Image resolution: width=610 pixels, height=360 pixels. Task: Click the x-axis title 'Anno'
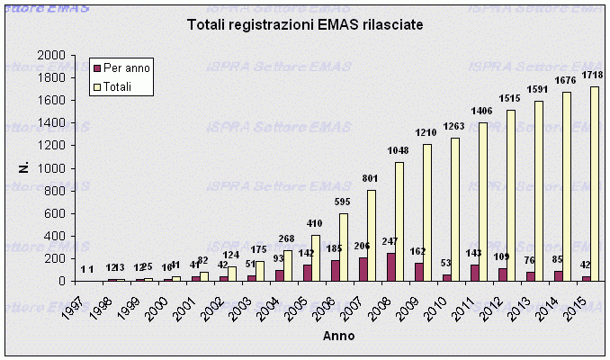(x=338, y=336)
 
